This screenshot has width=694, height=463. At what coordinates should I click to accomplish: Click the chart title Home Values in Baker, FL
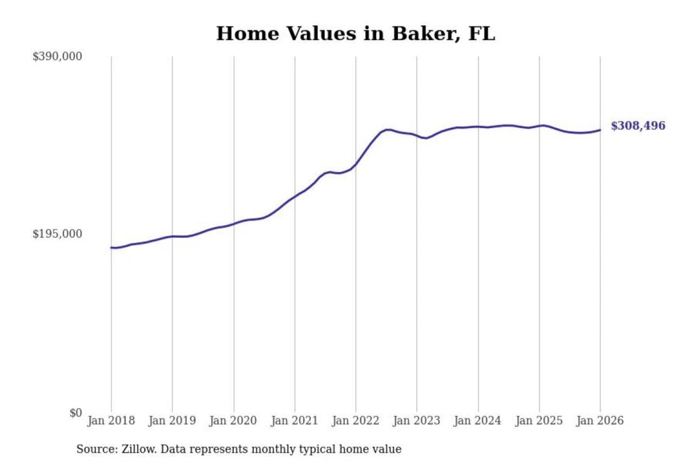355,34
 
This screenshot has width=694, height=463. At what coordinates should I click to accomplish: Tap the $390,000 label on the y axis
57,56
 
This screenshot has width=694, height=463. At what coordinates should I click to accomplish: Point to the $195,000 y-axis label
57,234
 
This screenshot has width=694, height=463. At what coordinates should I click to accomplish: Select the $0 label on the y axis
76,413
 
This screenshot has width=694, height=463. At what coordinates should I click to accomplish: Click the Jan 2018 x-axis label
111,421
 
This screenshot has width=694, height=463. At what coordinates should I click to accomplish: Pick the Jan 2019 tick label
172,421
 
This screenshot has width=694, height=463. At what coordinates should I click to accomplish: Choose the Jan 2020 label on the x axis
233,421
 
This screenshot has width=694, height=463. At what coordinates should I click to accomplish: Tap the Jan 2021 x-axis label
294,421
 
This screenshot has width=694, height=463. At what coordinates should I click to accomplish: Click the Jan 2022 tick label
356,421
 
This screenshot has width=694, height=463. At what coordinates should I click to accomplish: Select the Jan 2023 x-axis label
416,421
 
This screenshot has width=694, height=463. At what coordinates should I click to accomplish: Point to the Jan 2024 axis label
478,421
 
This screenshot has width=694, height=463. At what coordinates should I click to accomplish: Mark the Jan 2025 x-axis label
539,421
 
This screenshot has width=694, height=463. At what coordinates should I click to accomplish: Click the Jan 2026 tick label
600,421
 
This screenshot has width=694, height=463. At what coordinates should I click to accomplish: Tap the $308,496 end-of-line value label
638,126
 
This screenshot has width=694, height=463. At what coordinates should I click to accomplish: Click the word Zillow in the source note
139,449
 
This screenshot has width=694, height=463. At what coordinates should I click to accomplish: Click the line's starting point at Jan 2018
111,248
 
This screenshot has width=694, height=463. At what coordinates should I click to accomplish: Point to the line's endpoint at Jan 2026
600,130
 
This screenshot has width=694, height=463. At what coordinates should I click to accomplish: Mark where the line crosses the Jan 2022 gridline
356,164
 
